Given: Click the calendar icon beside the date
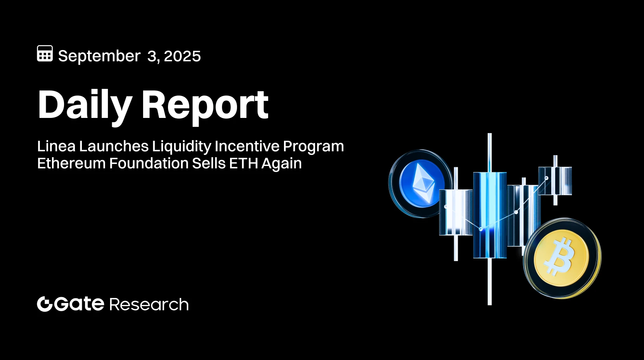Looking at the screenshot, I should tap(45, 54).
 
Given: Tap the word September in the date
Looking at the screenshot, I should tap(99, 56).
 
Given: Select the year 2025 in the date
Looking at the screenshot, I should tap(182, 56).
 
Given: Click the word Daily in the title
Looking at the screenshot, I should tap(85, 105).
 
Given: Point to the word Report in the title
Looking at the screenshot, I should tap(205, 105).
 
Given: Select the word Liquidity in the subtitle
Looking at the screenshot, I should tap(182, 147).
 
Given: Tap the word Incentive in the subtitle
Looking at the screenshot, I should tap(247, 147).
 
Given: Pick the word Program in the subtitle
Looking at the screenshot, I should tap(313, 147).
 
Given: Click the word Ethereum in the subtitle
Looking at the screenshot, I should tap(71, 163).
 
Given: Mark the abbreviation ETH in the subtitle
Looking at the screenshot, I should tap(243, 163).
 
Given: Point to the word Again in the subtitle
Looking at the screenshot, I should tap(281, 164).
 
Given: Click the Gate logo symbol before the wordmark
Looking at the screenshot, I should tap(45, 304).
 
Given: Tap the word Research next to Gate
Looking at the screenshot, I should tap(149, 305).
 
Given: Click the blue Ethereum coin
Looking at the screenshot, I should tap(420, 183).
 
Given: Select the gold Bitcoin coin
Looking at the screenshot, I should tap(562, 258).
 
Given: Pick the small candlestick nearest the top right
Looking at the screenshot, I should tap(555, 180).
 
